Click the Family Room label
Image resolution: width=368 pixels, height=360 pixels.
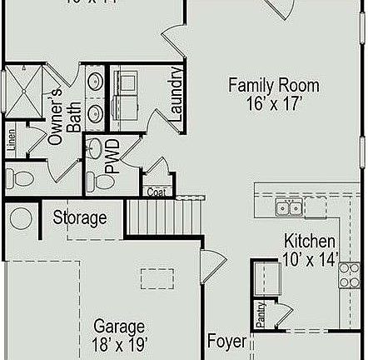pyautogui.click(x=262, y=85)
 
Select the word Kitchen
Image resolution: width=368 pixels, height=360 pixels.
pyautogui.click(x=310, y=239)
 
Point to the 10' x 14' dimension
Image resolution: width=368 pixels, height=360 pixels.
pyautogui.click(x=310, y=259)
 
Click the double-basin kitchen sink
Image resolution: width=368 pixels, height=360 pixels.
pyautogui.click(x=289, y=207)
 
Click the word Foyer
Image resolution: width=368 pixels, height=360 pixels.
pyautogui.click(x=226, y=342)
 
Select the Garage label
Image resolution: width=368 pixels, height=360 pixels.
pyautogui.click(x=119, y=326)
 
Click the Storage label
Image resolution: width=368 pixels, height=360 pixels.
pyautogui.click(x=80, y=218)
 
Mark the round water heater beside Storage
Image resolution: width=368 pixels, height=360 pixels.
pyautogui.click(x=21, y=219)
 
